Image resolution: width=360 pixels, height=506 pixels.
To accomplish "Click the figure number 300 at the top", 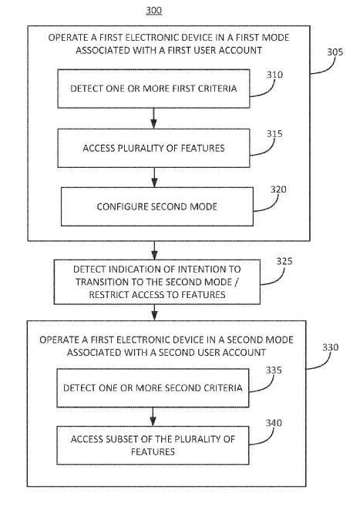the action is [x=153, y=10].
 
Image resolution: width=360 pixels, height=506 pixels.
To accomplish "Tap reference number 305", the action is [x=335, y=52].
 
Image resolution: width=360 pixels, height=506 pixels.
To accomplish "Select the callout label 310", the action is [x=274, y=75].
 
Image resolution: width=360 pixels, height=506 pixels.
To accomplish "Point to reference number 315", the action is [x=274, y=133].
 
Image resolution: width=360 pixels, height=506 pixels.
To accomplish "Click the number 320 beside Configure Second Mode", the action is [x=278, y=189].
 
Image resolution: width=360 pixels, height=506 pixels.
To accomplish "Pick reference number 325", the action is [x=284, y=261].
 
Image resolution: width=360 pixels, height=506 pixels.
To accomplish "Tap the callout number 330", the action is [x=330, y=347].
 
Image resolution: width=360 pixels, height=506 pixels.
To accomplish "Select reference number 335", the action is [x=274, y=370].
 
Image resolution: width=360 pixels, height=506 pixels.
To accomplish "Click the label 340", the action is [x=274, y=423].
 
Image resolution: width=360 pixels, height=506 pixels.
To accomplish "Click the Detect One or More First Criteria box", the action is [x=153, y=89].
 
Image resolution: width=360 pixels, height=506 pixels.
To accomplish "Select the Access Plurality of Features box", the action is [x=153, y=148].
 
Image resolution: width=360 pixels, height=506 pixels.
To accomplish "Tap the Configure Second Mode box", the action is [x=157, y=206].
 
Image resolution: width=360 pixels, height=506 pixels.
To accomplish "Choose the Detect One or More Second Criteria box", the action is [x=153, y=388].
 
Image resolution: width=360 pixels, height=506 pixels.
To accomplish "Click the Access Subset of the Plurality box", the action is [x=153, y=445].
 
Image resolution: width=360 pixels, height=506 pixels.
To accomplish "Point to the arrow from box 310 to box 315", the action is [x=153, y=119].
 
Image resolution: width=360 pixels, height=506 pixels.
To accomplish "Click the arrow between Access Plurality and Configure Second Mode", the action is [x=154, y=177].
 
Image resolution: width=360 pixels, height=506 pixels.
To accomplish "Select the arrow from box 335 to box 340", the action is [x=153, y=417].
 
